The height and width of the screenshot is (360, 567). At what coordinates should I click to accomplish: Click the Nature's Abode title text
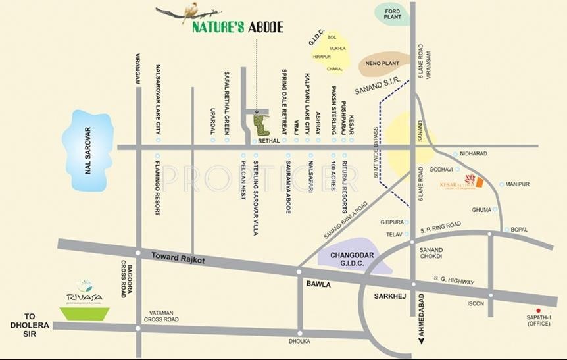click(237, 28)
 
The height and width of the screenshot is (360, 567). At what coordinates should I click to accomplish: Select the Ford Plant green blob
click(393, 13)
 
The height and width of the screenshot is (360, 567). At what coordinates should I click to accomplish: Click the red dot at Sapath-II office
click(538, 310)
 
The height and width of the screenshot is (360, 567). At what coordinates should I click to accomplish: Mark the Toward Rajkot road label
click(178, 259)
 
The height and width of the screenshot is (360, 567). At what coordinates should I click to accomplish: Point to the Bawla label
click(318, 284)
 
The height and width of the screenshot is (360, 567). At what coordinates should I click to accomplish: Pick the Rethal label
click(268, 140)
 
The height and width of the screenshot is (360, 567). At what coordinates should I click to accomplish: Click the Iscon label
click(476, 303)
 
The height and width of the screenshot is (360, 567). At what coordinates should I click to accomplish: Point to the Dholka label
click(299, 342)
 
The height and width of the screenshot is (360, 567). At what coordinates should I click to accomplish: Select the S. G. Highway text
click(454, 281)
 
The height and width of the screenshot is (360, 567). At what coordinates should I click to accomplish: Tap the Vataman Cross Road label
click(160, 317)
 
